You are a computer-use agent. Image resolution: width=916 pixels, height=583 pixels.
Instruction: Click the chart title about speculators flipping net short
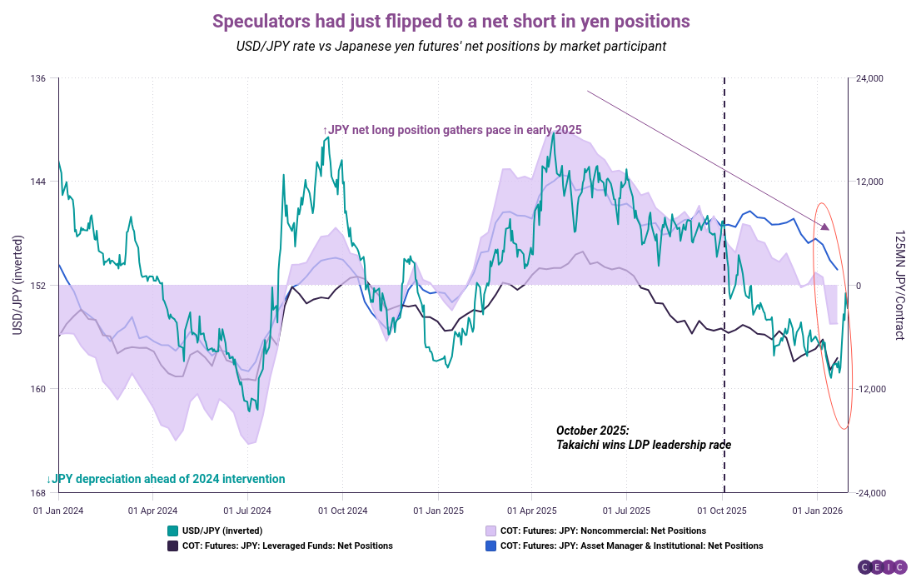click(x=451, y=21)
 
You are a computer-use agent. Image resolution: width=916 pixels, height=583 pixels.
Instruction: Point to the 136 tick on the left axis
click(x=39, y=78)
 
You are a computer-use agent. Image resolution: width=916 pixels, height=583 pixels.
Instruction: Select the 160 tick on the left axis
click(x=39, y=388)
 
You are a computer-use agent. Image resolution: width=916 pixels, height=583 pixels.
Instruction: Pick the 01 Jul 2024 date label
click(x=248, y=509)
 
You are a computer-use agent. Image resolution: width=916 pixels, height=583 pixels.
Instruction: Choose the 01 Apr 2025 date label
click(x=533, y=509)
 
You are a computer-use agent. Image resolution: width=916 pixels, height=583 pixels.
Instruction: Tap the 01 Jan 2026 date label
click(x=817, y=509)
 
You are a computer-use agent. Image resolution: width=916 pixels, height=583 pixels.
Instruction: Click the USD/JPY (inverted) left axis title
click(x=17, y=286)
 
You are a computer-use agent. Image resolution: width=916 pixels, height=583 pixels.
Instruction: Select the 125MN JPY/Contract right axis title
click(x=899, y=286)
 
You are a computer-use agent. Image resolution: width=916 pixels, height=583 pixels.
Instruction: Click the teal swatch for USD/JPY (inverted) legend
click(x=172, y=531)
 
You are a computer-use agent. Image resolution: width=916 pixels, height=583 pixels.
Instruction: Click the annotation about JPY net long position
click(x=451, y=130)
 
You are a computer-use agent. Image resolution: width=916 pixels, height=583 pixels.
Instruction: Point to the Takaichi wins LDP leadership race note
click(x=643, y=438)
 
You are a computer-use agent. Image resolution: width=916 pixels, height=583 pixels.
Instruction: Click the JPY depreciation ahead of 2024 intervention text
click(x=166, y=479)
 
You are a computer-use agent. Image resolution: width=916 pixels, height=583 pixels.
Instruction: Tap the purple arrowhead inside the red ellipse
click(x=825, y=227)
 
